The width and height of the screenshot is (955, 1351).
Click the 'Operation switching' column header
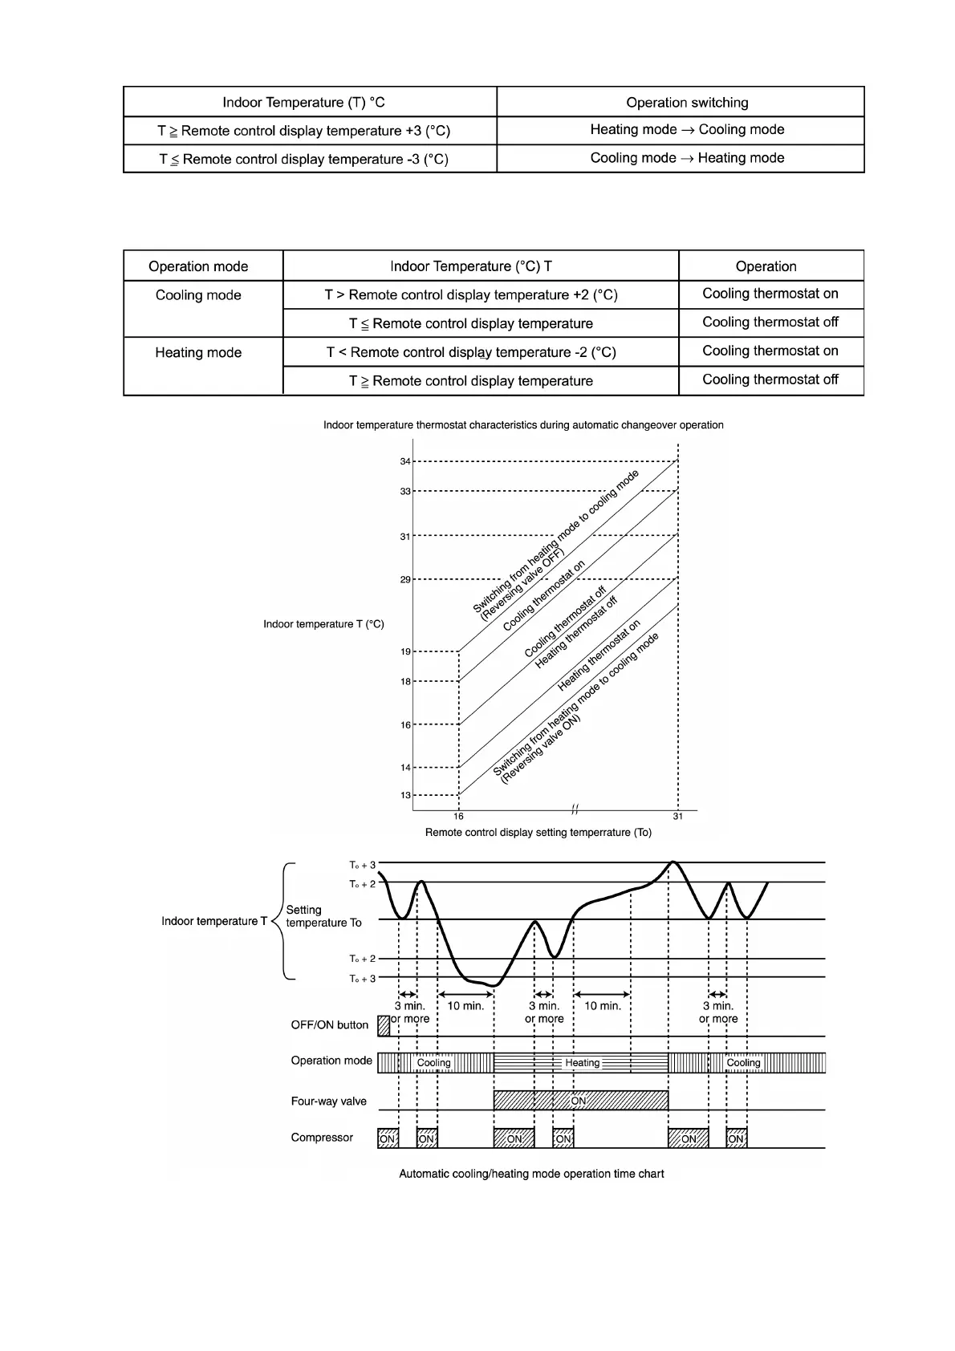tap(687, 103)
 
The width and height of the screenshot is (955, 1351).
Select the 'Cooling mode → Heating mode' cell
tap(687, 158)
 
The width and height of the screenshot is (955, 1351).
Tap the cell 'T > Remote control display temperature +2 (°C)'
tap(471, 295)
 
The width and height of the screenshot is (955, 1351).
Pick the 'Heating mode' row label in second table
tap(198, 353)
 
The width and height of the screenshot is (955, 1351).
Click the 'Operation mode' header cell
tap(198, 266)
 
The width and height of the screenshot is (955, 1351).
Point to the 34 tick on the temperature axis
tap(405, 461)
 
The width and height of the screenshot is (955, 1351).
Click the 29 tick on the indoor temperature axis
tap(405, 579)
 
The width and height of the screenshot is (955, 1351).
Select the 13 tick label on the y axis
tap(405, 796)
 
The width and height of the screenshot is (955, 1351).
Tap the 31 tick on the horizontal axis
tap(678, 817)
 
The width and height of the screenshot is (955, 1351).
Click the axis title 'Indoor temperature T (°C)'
tap(323, 624)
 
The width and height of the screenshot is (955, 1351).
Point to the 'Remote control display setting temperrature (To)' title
tap(538, 833)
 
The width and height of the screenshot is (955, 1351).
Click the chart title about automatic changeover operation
tap(523, 425)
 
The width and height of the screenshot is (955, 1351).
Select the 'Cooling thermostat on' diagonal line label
tap(544, 596)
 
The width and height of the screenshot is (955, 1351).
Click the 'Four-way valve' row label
tap(328, 1101)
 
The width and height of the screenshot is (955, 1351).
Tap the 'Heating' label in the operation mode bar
tap(582, 1063)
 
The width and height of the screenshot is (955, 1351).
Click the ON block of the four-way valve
tap(579, 1101)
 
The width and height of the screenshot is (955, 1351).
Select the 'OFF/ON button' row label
tap(329, 1025)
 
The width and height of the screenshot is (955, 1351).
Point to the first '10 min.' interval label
tap(465, 1006)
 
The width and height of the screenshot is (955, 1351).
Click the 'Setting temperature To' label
tap(323, 916)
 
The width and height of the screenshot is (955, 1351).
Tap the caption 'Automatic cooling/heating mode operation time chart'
tap(531, 1174)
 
